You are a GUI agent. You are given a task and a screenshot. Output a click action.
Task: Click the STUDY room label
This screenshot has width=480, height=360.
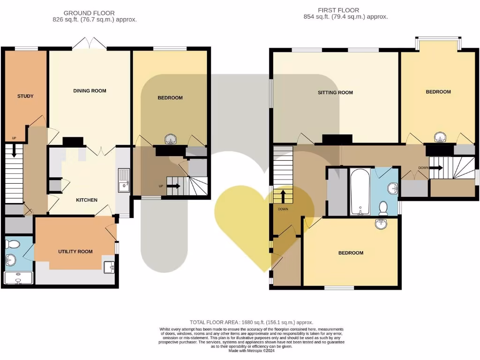25,96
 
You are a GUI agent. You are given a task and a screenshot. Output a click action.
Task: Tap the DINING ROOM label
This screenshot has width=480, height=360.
90,91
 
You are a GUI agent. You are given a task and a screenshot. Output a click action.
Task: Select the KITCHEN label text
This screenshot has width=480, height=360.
87,200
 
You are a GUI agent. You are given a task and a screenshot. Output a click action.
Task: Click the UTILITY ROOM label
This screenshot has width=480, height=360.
75,252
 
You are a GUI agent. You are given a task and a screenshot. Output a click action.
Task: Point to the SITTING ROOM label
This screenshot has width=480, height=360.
335,93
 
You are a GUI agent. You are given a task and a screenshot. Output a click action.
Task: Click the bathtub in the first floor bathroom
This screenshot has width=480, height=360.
360,192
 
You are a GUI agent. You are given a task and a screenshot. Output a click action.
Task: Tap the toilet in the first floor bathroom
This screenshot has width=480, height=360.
383,207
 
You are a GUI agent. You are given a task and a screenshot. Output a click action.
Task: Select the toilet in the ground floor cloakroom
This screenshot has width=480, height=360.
13,244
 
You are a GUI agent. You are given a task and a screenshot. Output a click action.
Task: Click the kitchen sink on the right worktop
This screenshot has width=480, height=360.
124,181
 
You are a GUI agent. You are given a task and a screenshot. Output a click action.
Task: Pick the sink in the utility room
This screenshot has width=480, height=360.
110,266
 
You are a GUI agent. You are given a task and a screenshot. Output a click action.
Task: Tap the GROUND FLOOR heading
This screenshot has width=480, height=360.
89,13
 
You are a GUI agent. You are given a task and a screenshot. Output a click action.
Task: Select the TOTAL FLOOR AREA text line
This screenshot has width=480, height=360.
251,322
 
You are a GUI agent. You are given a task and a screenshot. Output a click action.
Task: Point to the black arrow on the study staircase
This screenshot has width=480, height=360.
14,151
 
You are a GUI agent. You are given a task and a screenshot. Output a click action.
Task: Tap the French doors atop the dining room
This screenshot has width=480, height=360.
94,43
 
